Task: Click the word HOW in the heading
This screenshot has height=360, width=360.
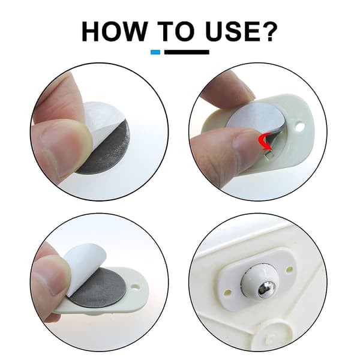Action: [x=115, y=31]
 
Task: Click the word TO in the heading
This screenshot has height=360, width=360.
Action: [x=179, y=31]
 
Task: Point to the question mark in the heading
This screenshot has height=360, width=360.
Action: [x=270, y=31]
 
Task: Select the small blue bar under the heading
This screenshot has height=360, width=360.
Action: [x=155, y=52]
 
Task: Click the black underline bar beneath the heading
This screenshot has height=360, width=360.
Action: [x=187, y=52]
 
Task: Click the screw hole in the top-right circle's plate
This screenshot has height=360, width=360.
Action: [x=301, y=126]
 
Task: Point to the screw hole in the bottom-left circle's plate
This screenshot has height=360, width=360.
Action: [x=136, y=287]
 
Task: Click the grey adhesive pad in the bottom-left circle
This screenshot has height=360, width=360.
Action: [x=99, y=290]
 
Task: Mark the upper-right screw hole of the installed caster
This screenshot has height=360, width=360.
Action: [x=290, y=269]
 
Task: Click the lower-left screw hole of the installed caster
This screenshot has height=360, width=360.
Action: [x=228, y=293]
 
